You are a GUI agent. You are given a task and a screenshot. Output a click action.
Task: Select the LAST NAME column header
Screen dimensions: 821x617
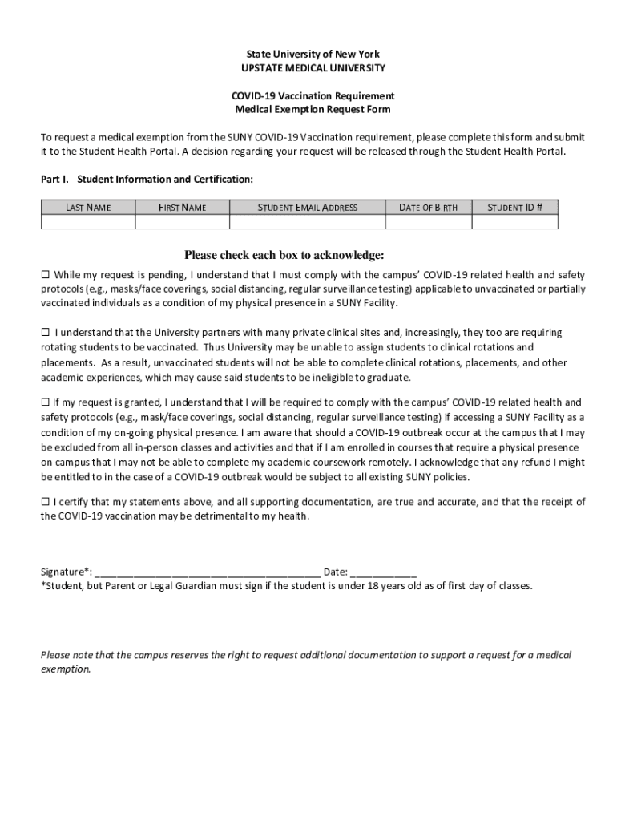[88, 208]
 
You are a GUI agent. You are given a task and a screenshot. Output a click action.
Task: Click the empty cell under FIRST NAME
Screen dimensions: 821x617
[182, 222]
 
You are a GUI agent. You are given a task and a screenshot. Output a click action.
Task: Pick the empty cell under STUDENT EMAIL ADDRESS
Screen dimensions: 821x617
[307, 222]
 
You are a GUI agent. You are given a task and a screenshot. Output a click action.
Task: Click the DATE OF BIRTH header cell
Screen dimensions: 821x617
[428, 208]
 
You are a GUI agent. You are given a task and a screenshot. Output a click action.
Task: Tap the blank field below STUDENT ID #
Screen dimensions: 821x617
[515, 222]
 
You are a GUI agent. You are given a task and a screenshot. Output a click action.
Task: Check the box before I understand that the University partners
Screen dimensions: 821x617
[46, 332]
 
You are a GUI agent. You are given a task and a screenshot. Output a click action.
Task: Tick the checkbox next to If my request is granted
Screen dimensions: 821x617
[46, 402]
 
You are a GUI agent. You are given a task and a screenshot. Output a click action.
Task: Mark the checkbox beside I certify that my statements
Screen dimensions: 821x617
[46, 502]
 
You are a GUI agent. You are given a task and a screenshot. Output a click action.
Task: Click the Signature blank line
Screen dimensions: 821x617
[208, 572]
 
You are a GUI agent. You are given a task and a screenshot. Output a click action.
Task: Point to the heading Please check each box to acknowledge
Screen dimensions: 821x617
[284, 256]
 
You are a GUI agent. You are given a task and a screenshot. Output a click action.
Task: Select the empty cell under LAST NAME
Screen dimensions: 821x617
[88, 222]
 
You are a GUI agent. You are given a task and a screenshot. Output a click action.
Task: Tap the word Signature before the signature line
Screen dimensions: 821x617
[63, 572]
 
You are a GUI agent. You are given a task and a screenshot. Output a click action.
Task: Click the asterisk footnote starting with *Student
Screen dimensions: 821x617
[286, 586]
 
